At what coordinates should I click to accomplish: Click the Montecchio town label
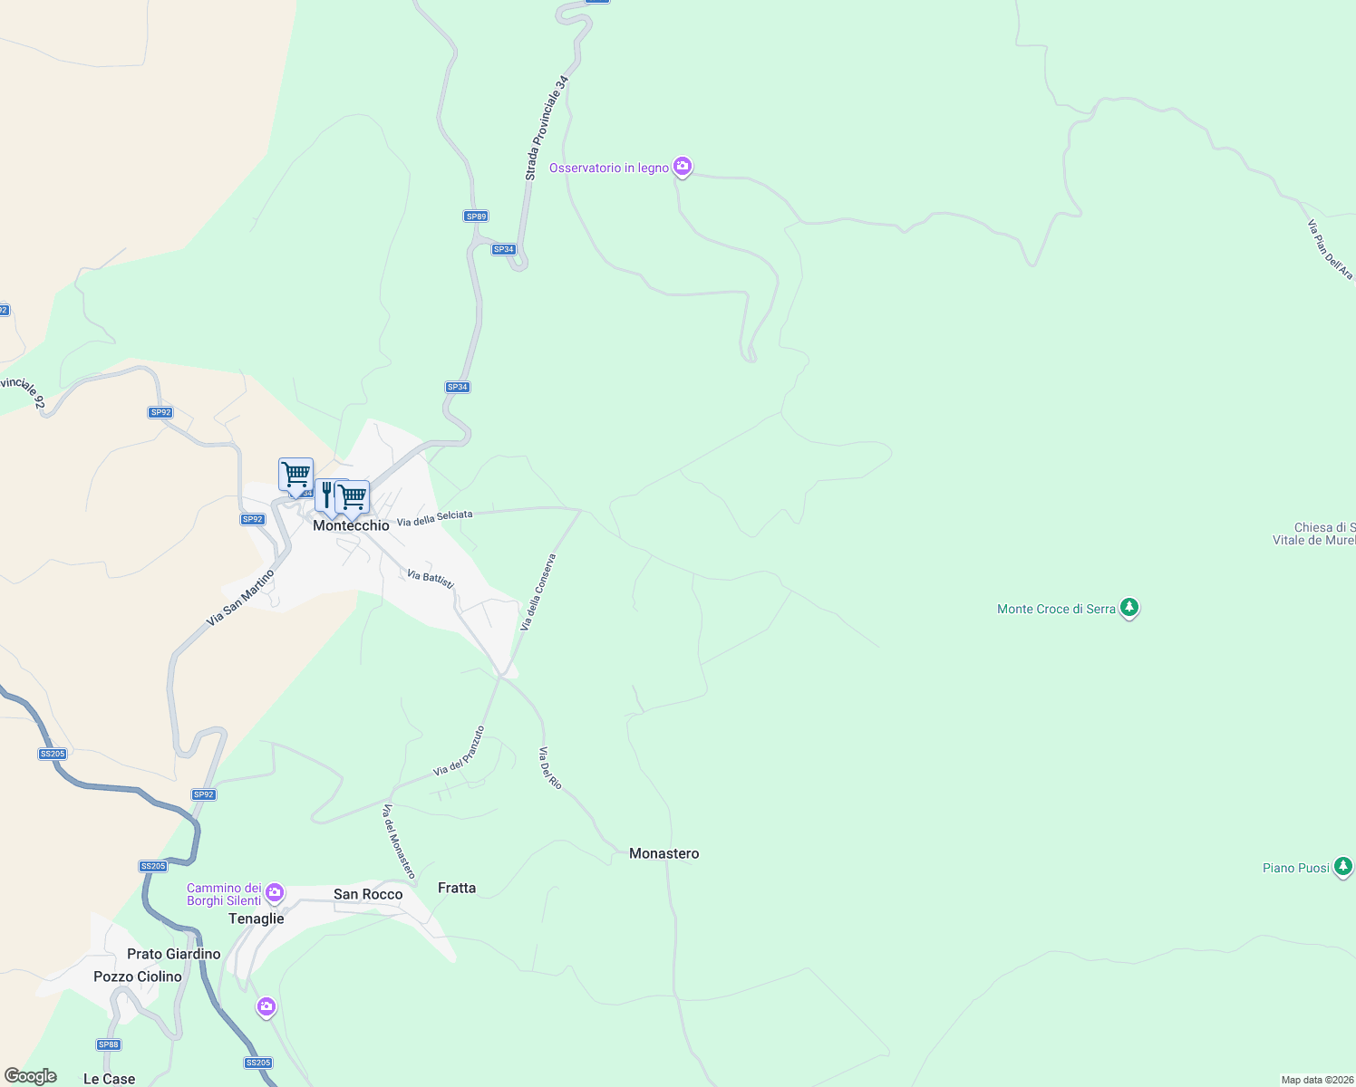351,525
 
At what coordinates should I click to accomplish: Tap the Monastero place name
663,853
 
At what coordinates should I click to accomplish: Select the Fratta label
456,888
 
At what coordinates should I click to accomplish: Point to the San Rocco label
368,894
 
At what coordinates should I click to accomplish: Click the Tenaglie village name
256,919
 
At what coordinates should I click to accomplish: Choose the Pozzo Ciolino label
138,976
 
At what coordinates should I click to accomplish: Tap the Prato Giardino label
173,954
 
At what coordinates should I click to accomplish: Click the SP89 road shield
476,216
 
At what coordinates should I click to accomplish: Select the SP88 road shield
109,1044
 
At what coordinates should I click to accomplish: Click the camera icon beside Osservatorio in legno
683,167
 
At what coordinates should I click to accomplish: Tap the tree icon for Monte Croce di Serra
1128,607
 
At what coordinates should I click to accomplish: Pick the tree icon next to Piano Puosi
1343,866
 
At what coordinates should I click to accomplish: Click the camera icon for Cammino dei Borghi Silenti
275,893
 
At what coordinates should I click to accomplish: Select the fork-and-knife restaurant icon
327,495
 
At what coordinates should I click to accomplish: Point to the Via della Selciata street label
434,518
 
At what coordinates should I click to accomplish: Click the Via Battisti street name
430,578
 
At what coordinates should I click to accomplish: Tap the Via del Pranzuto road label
459,751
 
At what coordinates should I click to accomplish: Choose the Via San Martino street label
240,598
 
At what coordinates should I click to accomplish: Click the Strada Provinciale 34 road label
547,128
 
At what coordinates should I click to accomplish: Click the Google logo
30,1076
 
